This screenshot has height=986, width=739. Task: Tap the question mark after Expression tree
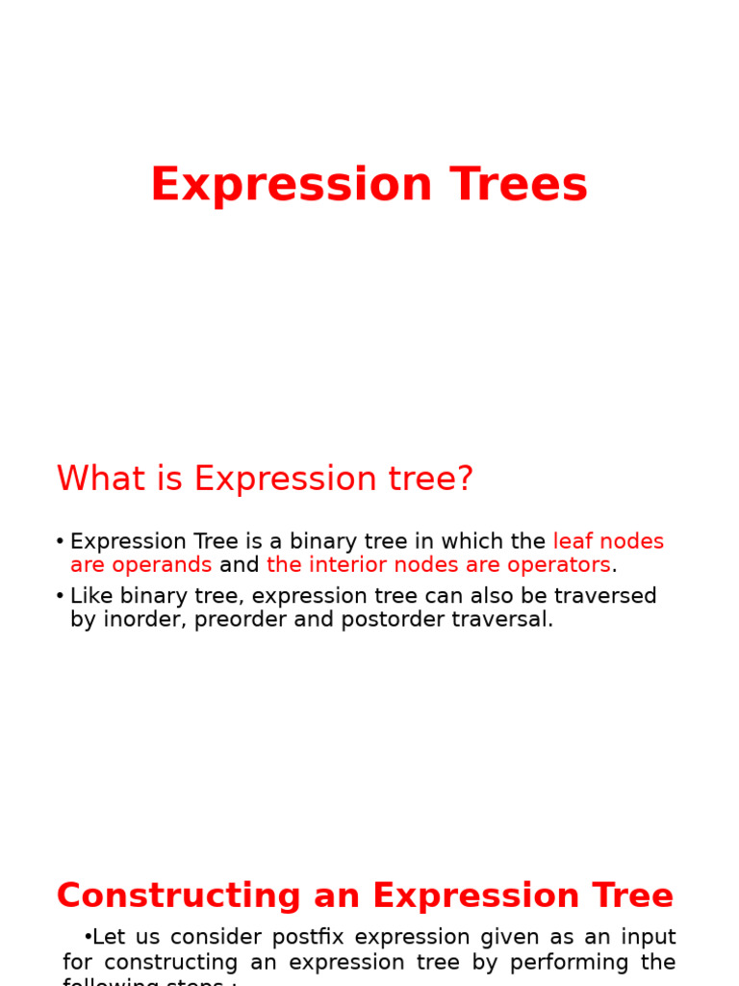467,479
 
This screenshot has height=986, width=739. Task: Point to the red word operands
163,565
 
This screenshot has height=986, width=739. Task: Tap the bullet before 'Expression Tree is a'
60,542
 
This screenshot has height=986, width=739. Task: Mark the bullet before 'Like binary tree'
60,596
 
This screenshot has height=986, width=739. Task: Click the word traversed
607,596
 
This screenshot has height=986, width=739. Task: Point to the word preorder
241,619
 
